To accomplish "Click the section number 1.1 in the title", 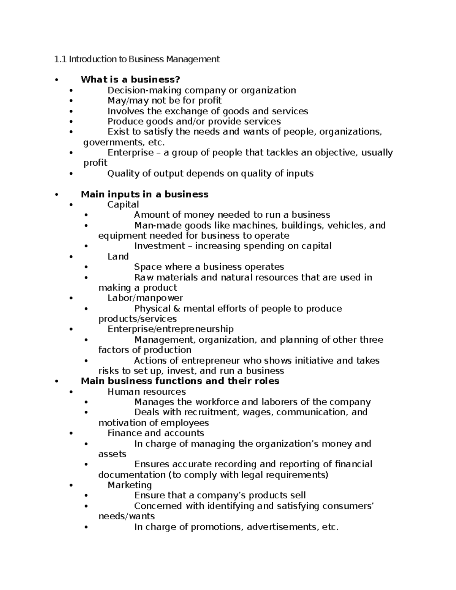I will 60,59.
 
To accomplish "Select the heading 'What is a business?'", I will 130,79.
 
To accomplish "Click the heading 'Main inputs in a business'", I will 144,194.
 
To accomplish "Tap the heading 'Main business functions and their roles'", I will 180,381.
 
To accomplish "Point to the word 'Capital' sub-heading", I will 123,204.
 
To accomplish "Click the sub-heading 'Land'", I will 118,256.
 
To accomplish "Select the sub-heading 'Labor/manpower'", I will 145,298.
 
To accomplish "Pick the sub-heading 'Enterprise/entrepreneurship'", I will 171,329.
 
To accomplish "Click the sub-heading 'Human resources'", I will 147,391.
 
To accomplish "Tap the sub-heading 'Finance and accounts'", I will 156,433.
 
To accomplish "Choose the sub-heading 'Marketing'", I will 130,485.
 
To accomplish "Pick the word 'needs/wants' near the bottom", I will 127,516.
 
